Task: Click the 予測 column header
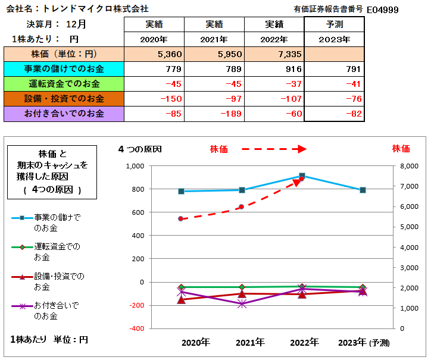(x=335, y=24)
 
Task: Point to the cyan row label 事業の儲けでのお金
(x=63, y=68)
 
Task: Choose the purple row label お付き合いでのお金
(x=63, y=114)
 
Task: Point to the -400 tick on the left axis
(x=136, y=328)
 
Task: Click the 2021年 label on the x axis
(x=250, y=343)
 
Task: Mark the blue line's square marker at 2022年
(x=302, y=176)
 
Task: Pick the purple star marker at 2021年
(x=242, y=304)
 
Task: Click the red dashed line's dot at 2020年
(x=181, y=219)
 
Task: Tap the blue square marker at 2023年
(x=363, y=190)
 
